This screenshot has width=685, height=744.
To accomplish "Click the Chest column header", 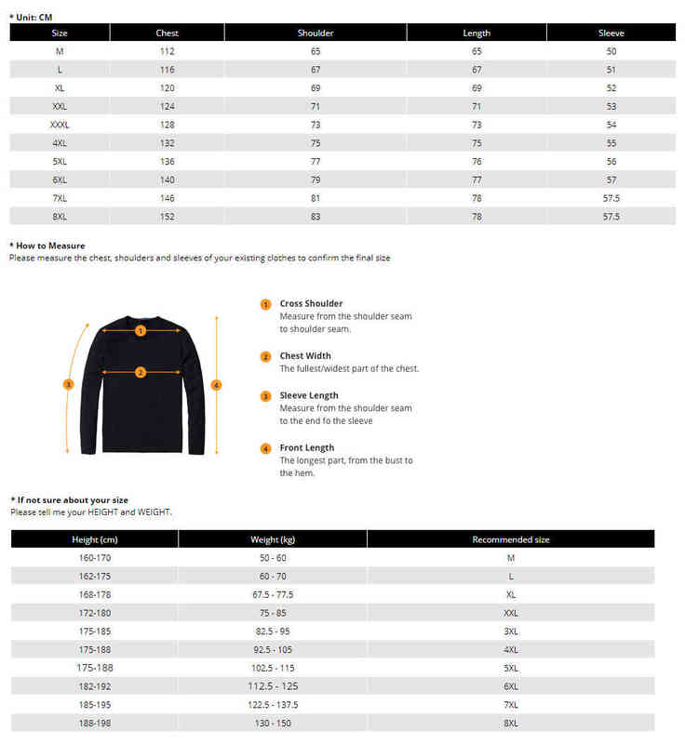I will tap(168, 33).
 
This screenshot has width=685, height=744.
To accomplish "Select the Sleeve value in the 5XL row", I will tap(611, 161).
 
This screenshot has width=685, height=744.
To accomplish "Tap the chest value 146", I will tap(168, 198).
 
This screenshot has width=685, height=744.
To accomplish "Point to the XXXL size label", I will tap(60, 125).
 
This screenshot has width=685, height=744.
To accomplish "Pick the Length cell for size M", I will tap(477, 51).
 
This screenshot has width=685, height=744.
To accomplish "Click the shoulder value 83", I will tap(316, 217).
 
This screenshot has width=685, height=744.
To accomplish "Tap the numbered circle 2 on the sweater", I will tap(141, 372).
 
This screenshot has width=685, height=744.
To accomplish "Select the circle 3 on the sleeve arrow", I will tap(68, 383).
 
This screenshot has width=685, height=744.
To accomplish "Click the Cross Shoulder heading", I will tap(311, 303).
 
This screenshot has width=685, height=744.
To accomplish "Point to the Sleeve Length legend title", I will tap(309, 395).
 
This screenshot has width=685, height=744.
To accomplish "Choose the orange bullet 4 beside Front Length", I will tap(265, 449).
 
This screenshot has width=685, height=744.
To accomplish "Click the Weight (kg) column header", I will tap(273, 539).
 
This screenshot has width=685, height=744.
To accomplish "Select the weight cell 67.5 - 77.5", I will tap(273, 594).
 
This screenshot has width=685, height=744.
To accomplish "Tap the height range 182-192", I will tap(95, 685).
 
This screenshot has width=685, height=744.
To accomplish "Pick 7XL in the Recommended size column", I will tap(511, 704).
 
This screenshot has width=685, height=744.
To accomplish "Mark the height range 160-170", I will tap(95, 558).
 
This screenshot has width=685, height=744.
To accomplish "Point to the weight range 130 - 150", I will tap(273, 723).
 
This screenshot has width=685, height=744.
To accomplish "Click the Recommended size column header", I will tap(511, 539).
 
